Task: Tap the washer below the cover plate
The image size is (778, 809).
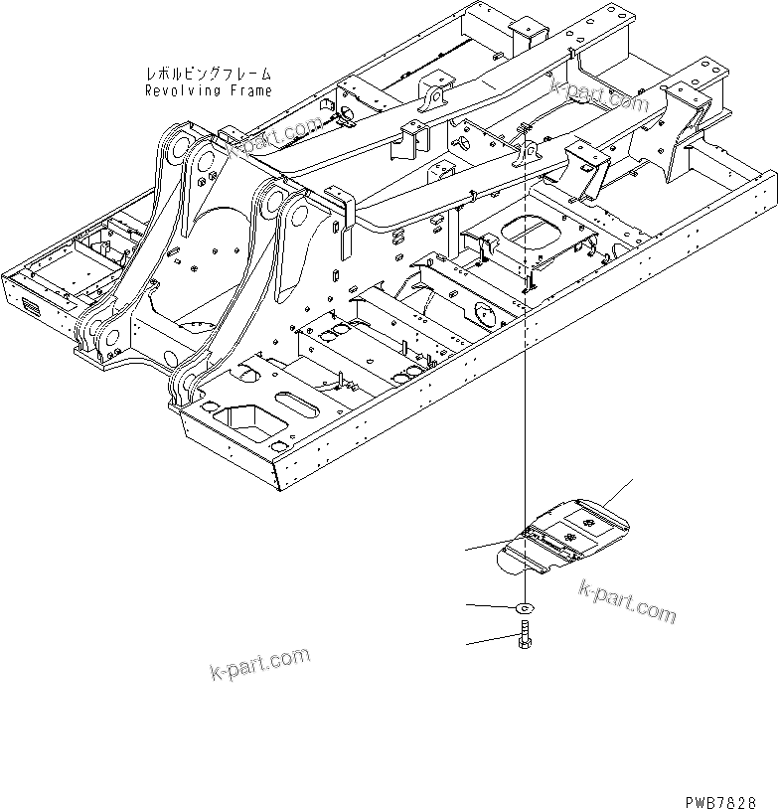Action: click(x=524, y=607)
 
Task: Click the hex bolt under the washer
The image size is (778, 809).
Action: click(x=524, y=637)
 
